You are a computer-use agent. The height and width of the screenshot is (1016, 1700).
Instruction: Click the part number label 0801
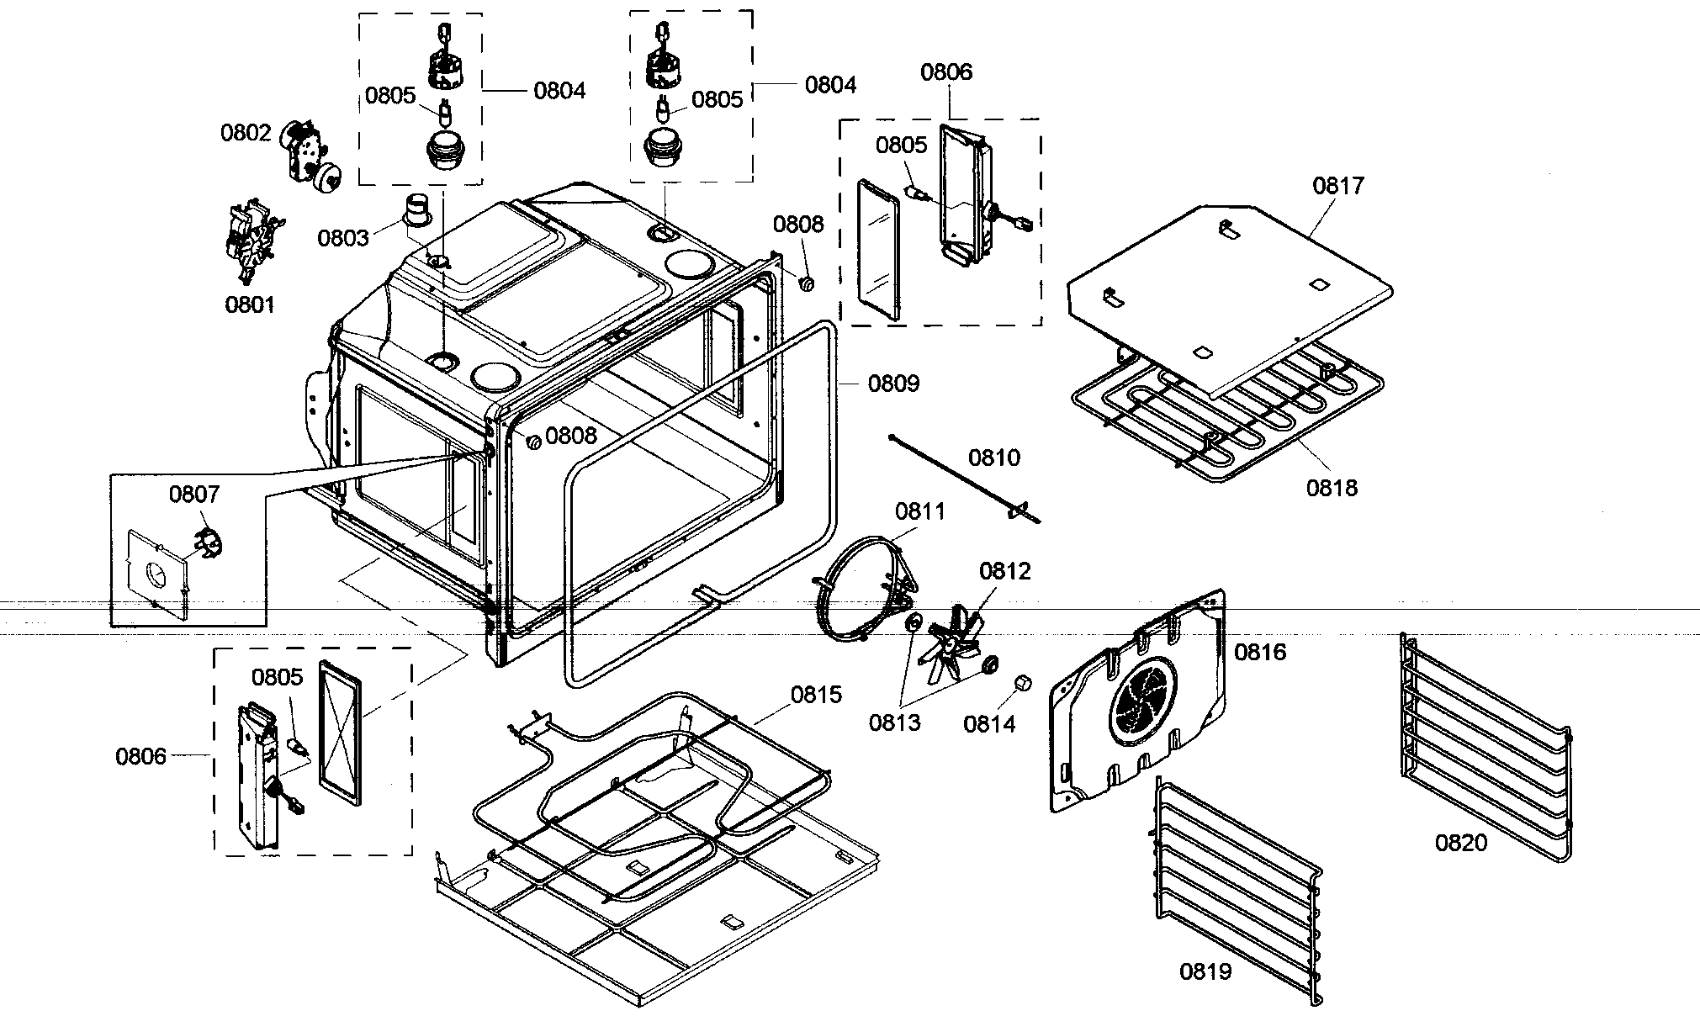click(250, 304)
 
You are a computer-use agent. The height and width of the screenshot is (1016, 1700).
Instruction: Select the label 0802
click(246, 133)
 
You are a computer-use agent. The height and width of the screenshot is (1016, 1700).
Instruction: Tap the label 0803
click(342, 238)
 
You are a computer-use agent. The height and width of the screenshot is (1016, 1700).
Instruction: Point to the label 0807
click(194, 494)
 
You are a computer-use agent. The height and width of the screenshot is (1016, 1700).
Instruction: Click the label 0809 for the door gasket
click(893, 384)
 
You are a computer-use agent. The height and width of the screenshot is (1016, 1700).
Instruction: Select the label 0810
click(993, 458)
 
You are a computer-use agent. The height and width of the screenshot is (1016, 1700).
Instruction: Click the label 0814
click(989, 723)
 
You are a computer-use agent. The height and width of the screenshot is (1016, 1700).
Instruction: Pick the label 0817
click(1338, 185)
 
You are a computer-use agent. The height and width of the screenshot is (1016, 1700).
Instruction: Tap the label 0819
click(1205, 971)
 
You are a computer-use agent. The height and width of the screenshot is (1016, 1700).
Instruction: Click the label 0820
click(1461, 842)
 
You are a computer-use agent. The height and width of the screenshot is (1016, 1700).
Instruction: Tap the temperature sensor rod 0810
click(959, 475)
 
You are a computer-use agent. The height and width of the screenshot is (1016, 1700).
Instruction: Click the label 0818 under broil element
click(1332, 487)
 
